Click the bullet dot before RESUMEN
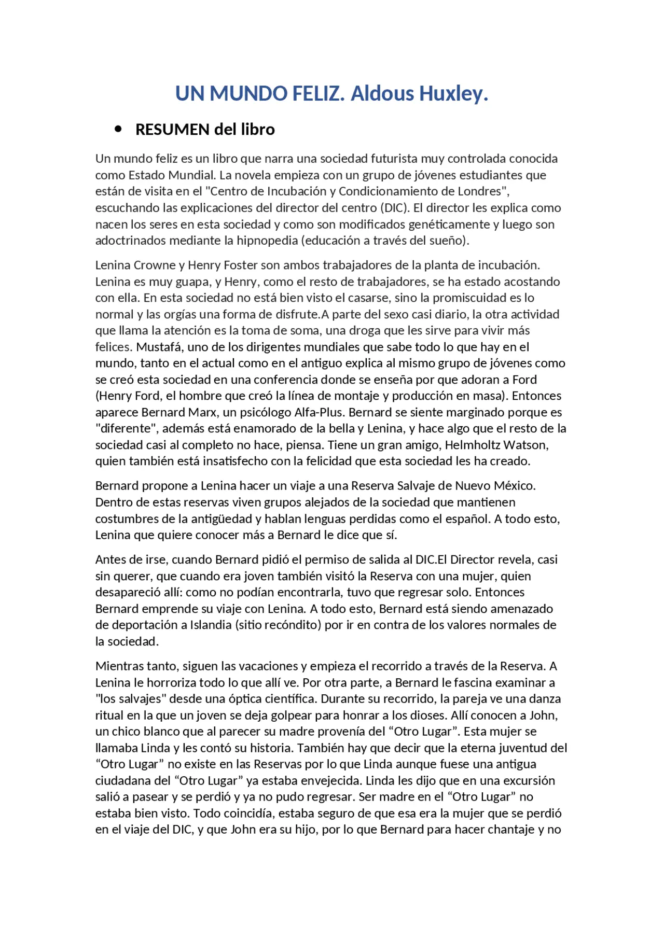point(119,129)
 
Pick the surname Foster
point(241,265)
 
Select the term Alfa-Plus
point(319,413)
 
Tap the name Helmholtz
point(472,445)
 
